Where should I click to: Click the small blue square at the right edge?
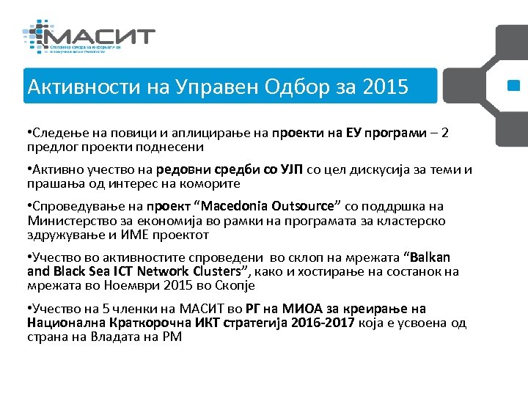pyautogui.click(x=513, y=87)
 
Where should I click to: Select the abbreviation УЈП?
pyautogui.click(x=295, y=171)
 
